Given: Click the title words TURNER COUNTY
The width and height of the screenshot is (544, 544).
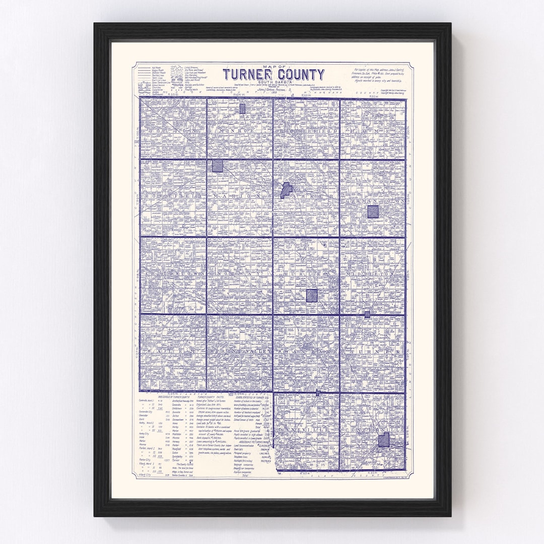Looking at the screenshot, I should tap(274, 75).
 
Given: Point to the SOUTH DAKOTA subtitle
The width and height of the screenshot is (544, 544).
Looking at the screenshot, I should tap(274, 82).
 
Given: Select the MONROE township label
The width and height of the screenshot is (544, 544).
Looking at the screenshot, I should tap(239, 130).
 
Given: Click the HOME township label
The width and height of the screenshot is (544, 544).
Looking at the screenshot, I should tap(373, 130).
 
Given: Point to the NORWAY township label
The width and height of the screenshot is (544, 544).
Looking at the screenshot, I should tap(239, 274).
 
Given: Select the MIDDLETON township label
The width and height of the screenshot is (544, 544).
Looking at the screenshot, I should tap(373, 274).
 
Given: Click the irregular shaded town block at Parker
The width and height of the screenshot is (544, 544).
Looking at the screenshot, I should tap(286, 189).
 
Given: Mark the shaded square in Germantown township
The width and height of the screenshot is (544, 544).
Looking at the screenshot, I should tap(373, 212).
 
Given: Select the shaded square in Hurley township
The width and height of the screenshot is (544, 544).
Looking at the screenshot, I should tap(312, 295).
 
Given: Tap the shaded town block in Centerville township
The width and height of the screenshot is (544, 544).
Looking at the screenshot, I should tap(384, 440).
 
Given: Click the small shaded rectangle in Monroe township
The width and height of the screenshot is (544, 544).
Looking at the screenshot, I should tap(242, 108).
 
